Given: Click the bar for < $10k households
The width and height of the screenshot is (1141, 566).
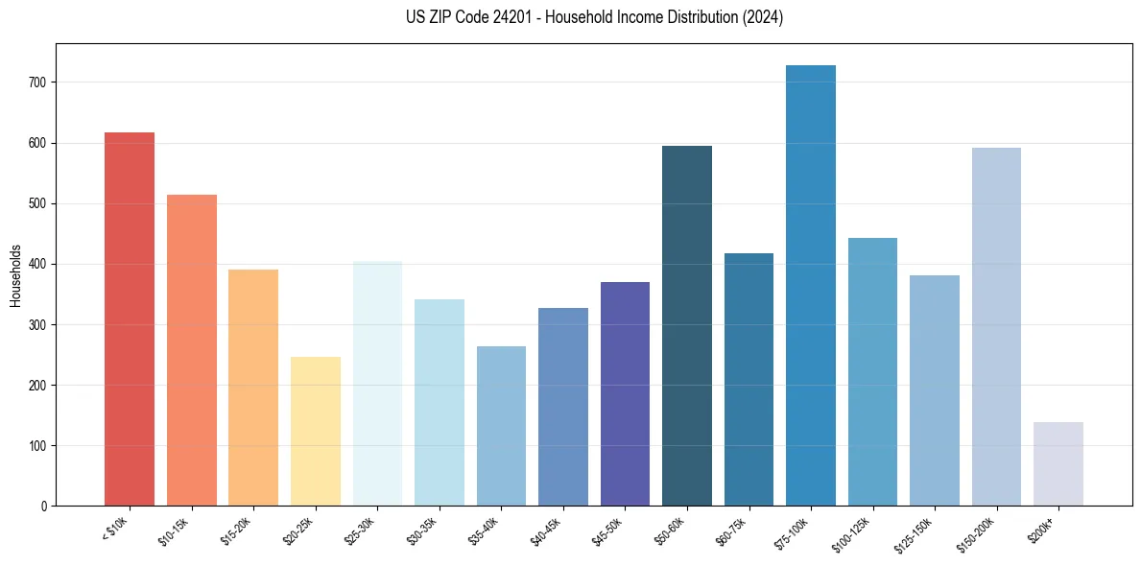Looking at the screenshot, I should pos(129,318).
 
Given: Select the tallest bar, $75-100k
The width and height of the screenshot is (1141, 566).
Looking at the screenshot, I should pos(810,285).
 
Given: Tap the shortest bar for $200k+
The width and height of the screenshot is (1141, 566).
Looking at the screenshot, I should pos(1058,463).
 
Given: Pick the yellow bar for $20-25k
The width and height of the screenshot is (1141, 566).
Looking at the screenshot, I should pos(315,431).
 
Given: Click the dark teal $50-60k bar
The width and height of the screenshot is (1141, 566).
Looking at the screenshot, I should pos(686,325).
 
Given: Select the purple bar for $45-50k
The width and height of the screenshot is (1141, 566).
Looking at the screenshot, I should pos(625,393).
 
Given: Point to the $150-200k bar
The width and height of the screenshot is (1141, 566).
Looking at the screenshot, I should pos(996,326).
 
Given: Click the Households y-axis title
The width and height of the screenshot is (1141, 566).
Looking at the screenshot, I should pos(15,274).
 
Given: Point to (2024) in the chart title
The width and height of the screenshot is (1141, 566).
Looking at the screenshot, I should pos(762,17).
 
